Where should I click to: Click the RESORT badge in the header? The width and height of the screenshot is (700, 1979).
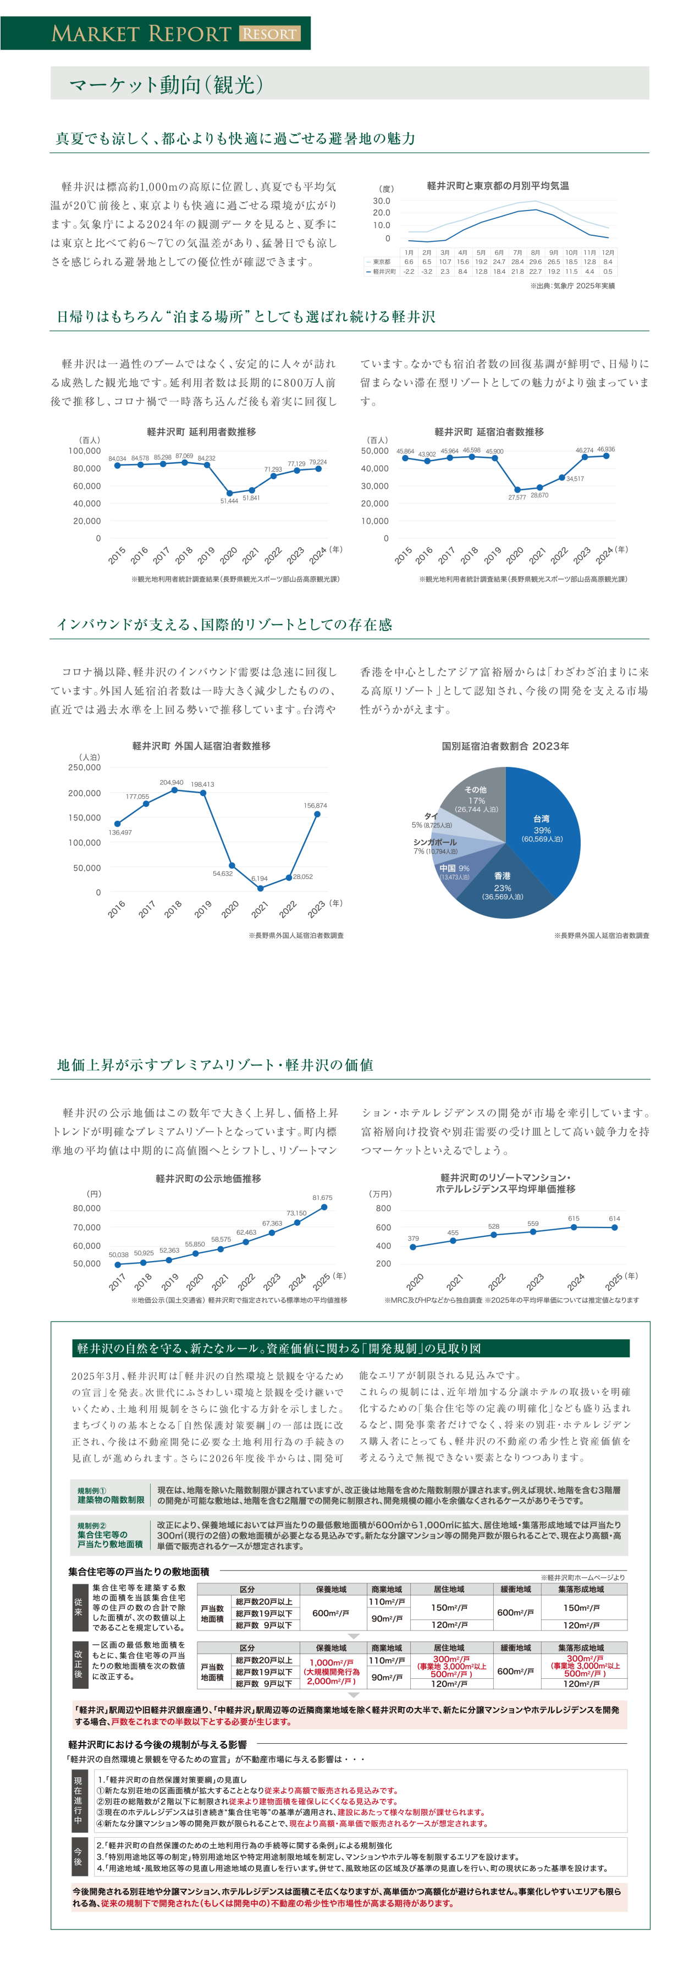[x=269, y=34]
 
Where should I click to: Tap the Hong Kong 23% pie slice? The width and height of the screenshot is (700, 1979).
[x=503, y=885]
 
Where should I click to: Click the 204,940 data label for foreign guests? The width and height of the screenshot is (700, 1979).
[x=172, y=782]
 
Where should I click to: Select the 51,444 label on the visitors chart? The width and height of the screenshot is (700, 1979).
[x=229, y=501]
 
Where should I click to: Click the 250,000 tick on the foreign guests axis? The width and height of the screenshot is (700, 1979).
[x=85, y=767]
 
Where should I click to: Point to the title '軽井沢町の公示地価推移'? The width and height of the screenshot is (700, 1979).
[x=208, y=1178]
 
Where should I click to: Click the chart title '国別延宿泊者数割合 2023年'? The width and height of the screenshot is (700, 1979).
[x=505, y=746]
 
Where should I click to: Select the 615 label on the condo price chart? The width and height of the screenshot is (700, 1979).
[x=574, y=1218]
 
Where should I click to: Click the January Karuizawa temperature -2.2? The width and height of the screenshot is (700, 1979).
[x=409, y=271]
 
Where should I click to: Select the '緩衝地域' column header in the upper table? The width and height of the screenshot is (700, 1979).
[x=516, y=1589]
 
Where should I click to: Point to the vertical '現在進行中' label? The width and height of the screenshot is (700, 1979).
[x=78, y=1800]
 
